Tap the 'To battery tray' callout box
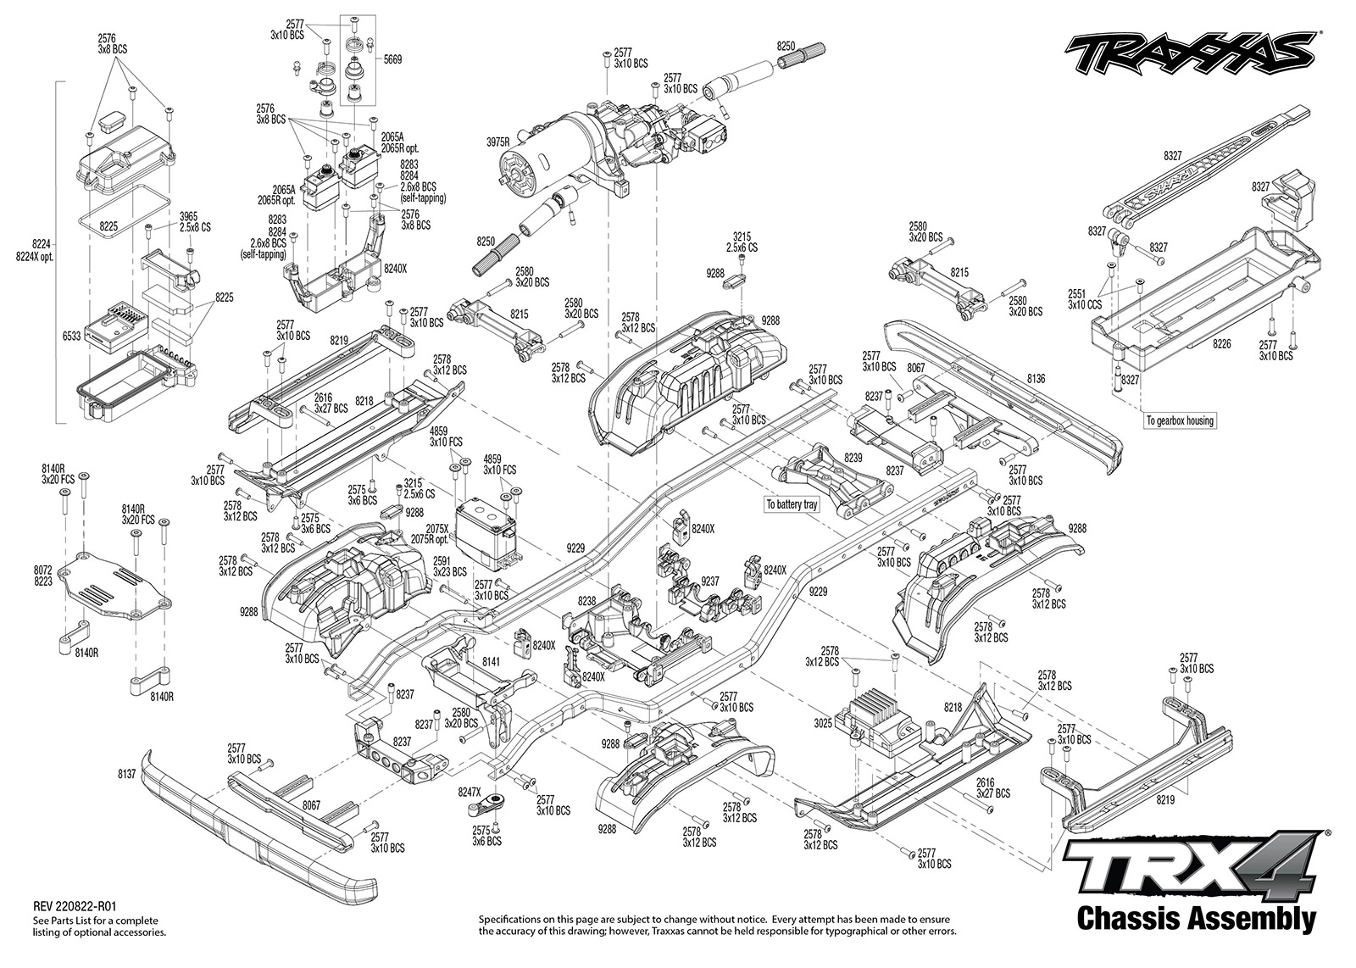tap(792, 504)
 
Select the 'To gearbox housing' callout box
tap(1180, 420)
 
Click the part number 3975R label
tap(497, 142)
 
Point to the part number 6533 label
tap(71, 337)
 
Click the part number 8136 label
tap(1036, 379)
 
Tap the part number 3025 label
tap(823, 723)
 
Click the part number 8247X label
tap(470, 792)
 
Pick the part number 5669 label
tap(392, 60)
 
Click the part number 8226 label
tap(1221, 344)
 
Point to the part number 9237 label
tap(709, 581)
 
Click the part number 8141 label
tap(491, 662)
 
